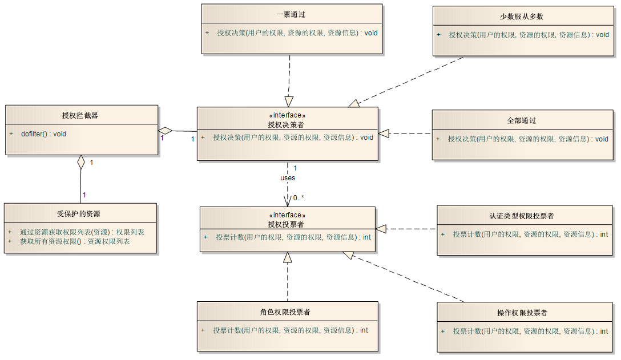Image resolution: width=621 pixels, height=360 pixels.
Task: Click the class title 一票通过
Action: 291,14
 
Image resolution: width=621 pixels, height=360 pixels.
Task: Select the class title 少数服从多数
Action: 522,16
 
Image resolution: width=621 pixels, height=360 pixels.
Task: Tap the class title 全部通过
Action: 522,120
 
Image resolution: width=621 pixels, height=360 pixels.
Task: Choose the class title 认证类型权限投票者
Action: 522,216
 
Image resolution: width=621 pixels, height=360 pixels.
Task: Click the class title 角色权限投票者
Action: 285,312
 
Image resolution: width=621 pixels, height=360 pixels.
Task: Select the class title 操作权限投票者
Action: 522,313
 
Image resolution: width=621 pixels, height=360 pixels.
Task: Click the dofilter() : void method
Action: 43,134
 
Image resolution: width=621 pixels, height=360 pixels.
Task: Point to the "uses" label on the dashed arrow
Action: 288,178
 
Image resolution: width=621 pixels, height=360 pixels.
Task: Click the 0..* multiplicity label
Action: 299,199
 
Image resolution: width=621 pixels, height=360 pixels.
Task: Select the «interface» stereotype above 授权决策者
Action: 287,115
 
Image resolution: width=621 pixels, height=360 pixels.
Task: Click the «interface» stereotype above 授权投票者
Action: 287,215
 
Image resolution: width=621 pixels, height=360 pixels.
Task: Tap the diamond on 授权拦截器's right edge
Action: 166,131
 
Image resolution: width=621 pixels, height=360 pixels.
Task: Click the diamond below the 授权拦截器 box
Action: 81,161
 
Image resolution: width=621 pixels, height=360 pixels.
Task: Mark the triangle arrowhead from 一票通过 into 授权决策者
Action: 289,101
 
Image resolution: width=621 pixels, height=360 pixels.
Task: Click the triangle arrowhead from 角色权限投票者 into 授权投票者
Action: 288,257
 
